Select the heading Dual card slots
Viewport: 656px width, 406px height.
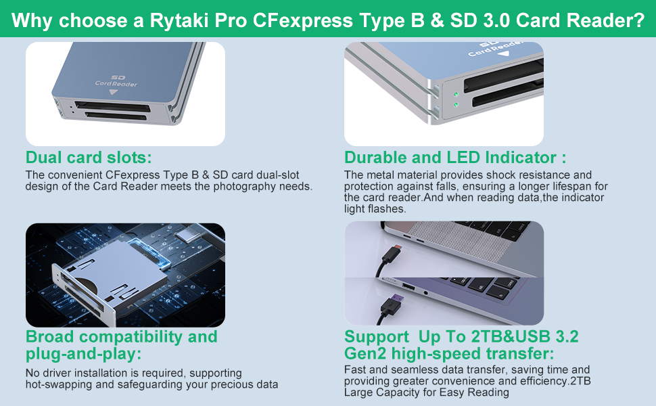[89, 158]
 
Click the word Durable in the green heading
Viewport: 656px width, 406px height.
[375, 158]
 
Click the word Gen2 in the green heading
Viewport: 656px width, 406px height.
[366, 353]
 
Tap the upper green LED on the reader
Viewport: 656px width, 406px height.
[456, 94]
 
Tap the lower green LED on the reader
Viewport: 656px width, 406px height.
[456, 105]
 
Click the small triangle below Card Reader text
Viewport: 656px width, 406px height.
[114, 92]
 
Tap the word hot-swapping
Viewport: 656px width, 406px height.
[57, 384]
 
